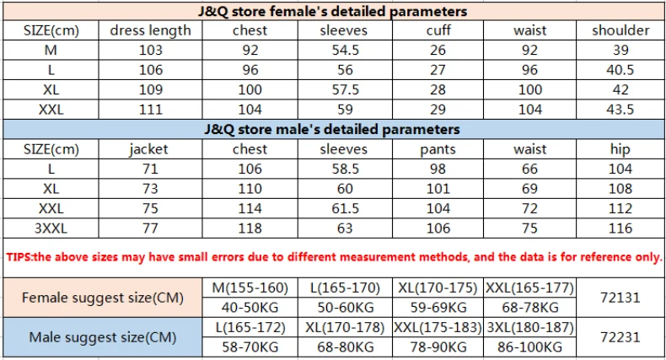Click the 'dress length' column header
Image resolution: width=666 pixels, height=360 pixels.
[150, 30]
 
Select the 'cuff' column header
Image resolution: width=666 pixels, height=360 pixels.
[438, 30]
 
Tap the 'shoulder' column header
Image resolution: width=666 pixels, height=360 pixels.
[620, 30]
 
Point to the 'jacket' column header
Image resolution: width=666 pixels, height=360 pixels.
[148, 149]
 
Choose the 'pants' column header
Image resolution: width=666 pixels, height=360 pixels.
[438, 150]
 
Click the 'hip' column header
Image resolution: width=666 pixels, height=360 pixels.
[620, 149]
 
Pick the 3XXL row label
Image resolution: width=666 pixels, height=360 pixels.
[51, 228]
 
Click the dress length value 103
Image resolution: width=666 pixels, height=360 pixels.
[151, 50]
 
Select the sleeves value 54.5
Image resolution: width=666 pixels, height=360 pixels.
[346, 50]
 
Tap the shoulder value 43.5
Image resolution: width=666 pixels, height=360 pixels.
[620, 110]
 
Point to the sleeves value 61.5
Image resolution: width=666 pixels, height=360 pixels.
[346, 208]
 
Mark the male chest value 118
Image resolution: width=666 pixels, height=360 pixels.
[250, 228]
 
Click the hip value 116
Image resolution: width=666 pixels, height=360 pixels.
[620, 228]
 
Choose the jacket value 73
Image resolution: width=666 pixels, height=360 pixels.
[150, 189]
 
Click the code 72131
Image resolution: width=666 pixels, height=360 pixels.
[620, 298]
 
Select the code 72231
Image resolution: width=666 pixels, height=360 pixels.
[620, 337]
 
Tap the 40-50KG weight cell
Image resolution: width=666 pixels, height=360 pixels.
[250, 308]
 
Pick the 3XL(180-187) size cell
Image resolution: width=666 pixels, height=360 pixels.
[530, 327]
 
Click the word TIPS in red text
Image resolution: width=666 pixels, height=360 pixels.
[19, 257]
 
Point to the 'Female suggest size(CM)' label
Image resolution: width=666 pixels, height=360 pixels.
[103, 298]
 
